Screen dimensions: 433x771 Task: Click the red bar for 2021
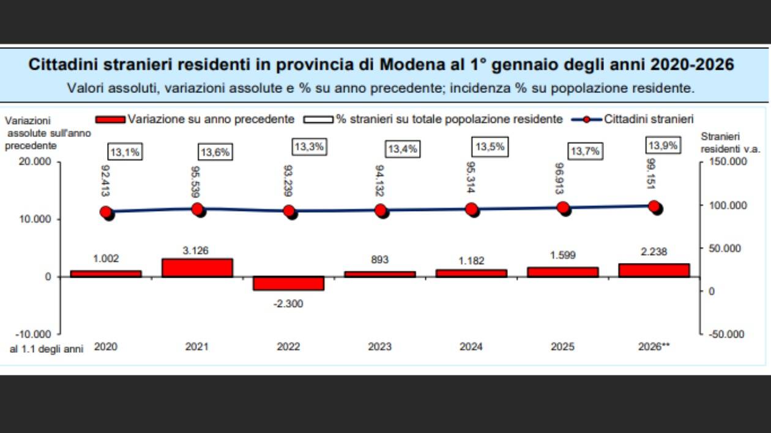point(197,268)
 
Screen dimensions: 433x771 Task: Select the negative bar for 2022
point(288,283)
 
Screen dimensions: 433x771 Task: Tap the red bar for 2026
point(654,270)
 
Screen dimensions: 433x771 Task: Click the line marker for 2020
point(106,212)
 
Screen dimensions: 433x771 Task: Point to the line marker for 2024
point(472,209)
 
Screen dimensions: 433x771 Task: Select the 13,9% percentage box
point(663,146)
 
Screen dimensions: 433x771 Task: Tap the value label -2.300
point(288,303)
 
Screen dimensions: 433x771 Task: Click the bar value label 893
point(379,259)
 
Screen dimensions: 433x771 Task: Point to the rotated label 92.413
point(106,180)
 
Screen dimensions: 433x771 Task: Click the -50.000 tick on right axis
point(727,334)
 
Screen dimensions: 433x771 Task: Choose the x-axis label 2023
point(379,347)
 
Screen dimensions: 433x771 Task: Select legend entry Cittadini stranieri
point(648,119)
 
